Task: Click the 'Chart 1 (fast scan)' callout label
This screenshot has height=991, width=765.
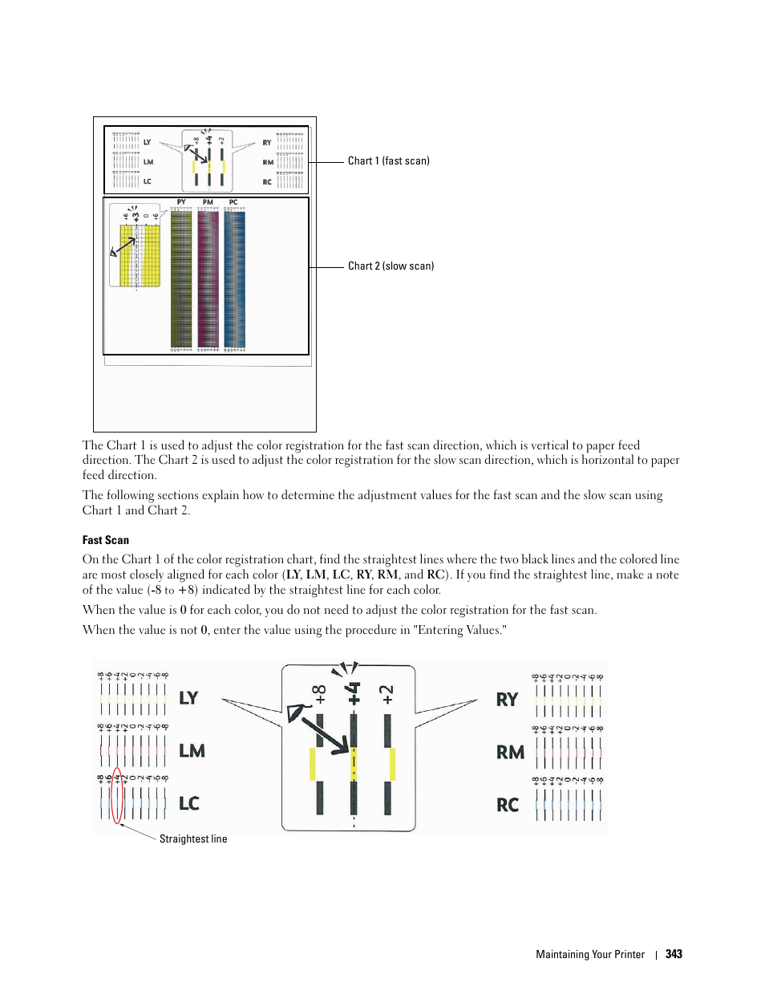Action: tap(388, 160)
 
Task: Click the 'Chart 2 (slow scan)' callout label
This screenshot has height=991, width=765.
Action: tap(391, 266)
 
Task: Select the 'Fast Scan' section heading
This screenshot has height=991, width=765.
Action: tap(105, 540)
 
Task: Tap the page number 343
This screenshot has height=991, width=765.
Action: tap(674, 954)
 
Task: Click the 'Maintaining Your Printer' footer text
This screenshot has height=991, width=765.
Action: tap(589, 954)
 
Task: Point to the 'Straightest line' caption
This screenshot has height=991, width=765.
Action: tap(192, 839)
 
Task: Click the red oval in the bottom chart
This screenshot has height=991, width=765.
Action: tap(117, 795)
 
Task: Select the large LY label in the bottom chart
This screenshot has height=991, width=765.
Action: tap(188, 698)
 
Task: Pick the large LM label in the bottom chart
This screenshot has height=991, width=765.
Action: tap(192, 751)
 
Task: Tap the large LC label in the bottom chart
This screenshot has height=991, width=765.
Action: tap(189, 804)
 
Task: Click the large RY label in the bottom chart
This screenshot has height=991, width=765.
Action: tap(507, 700)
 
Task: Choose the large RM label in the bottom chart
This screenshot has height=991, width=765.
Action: tap(510, 753)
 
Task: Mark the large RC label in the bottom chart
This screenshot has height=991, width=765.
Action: tap(508, 806)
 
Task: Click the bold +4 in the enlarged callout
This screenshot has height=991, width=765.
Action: tap(354, 693)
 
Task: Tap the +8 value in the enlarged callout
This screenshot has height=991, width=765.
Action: tap(320, 694)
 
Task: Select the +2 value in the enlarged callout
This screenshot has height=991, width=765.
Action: tap(387, 695)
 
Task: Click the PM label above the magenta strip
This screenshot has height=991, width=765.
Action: tap(208, 202)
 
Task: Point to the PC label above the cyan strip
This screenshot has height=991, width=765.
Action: tap(233, 202)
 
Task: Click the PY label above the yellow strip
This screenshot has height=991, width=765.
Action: tap(181, 202)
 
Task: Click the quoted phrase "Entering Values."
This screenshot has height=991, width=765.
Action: tap(459, 630)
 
